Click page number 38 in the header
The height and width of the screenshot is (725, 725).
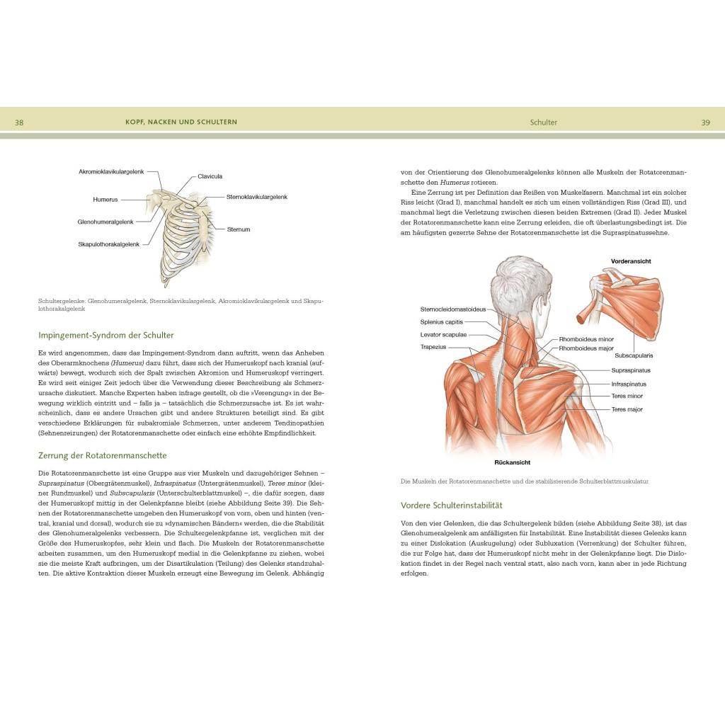tap(19, 122)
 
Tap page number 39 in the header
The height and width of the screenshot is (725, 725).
tap(705, 122)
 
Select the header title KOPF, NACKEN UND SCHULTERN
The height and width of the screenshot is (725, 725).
tap(181, 122)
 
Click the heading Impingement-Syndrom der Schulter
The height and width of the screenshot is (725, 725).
tap(106, 335)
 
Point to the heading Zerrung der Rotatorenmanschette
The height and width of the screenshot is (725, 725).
tap(103, 455)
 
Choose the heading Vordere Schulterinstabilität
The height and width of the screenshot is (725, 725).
tap(451, 506)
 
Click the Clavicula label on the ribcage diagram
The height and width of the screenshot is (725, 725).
tap(210, 176)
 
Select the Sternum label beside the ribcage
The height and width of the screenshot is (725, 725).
tap(239, 229)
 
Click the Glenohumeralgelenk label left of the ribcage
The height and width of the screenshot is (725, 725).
tap(105, 222)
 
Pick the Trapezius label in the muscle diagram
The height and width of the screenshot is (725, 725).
tap(433, 347)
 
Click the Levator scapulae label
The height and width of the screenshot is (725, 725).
tap(443, 334)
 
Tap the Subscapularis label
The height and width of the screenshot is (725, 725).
tap(634, 355)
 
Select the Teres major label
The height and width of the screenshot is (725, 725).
tap(627, 409)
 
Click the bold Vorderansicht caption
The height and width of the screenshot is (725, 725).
tap(631, 261)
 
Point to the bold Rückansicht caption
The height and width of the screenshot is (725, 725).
tap(513, 462)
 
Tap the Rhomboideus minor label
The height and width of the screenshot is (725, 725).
tap(586, 339)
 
